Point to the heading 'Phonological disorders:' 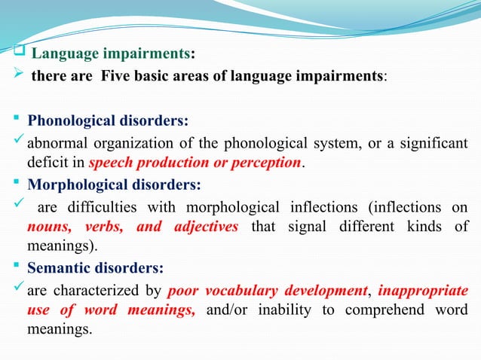[108, 121]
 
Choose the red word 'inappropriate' [421, 291]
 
